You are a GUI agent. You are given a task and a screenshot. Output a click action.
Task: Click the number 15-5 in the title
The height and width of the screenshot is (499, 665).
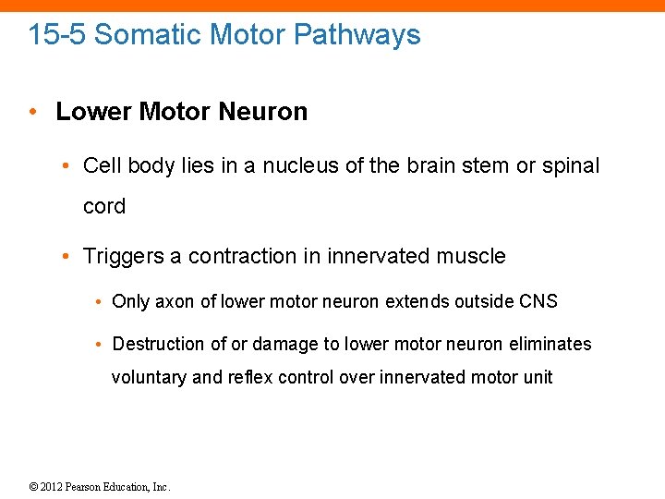(57, 35)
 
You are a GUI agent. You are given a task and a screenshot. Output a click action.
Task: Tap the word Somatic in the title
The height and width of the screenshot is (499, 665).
(148, 35)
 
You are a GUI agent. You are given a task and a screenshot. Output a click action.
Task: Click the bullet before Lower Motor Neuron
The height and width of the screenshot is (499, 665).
(32, 112)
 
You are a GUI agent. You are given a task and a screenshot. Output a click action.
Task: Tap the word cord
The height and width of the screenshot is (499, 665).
(104, 207)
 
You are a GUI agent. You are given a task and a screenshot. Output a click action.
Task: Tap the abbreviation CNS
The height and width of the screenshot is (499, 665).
(538, 301)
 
